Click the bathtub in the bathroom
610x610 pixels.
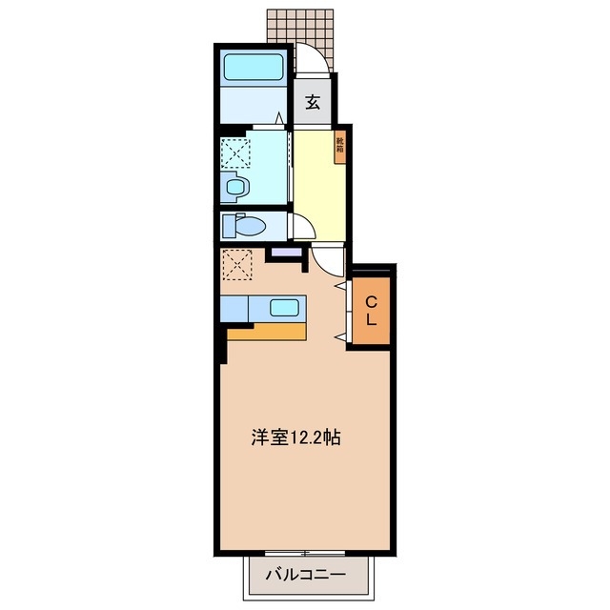click(253, 68)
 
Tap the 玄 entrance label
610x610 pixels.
click(312, 102)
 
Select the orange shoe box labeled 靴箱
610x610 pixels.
click(339, 146)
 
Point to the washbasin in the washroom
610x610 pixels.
click(235, 188)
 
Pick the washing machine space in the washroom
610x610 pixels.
click(234, 152)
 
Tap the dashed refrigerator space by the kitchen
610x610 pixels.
click(235, 263)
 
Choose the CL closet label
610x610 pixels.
click(371, 311)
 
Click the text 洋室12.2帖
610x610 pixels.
click(296, 438)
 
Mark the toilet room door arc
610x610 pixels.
click(303, 226)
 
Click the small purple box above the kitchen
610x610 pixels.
click(284, 254)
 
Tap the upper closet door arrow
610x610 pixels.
click(340, 285)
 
